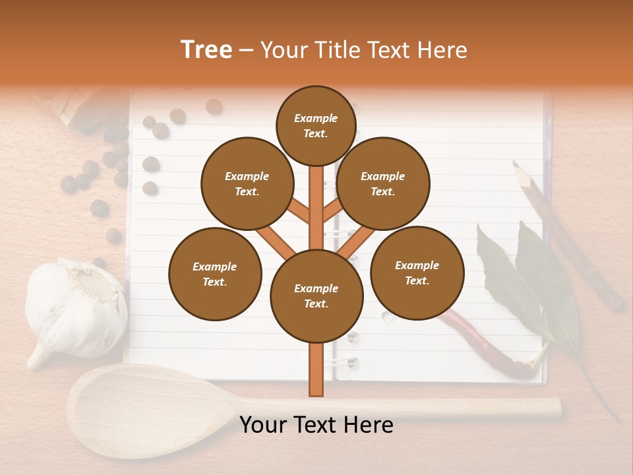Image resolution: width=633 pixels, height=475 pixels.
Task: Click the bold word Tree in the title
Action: click(x=206, y=50)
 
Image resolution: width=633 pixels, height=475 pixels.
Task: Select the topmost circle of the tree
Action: click(x=316, y=125)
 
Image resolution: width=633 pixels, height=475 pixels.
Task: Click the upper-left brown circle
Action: click(x=247, y=183)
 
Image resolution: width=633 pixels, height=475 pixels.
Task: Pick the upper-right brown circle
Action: click(x=383, y=183)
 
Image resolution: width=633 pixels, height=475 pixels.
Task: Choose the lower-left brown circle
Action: click(x=215, y=274)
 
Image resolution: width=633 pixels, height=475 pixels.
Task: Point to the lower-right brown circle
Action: click(x=417, y=272)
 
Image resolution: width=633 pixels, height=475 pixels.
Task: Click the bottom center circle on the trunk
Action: click(x=316, y=296)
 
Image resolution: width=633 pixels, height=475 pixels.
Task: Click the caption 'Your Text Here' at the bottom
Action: click(x=316, y=425)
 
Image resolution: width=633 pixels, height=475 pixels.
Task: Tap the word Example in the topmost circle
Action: click(x=316, y=118)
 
